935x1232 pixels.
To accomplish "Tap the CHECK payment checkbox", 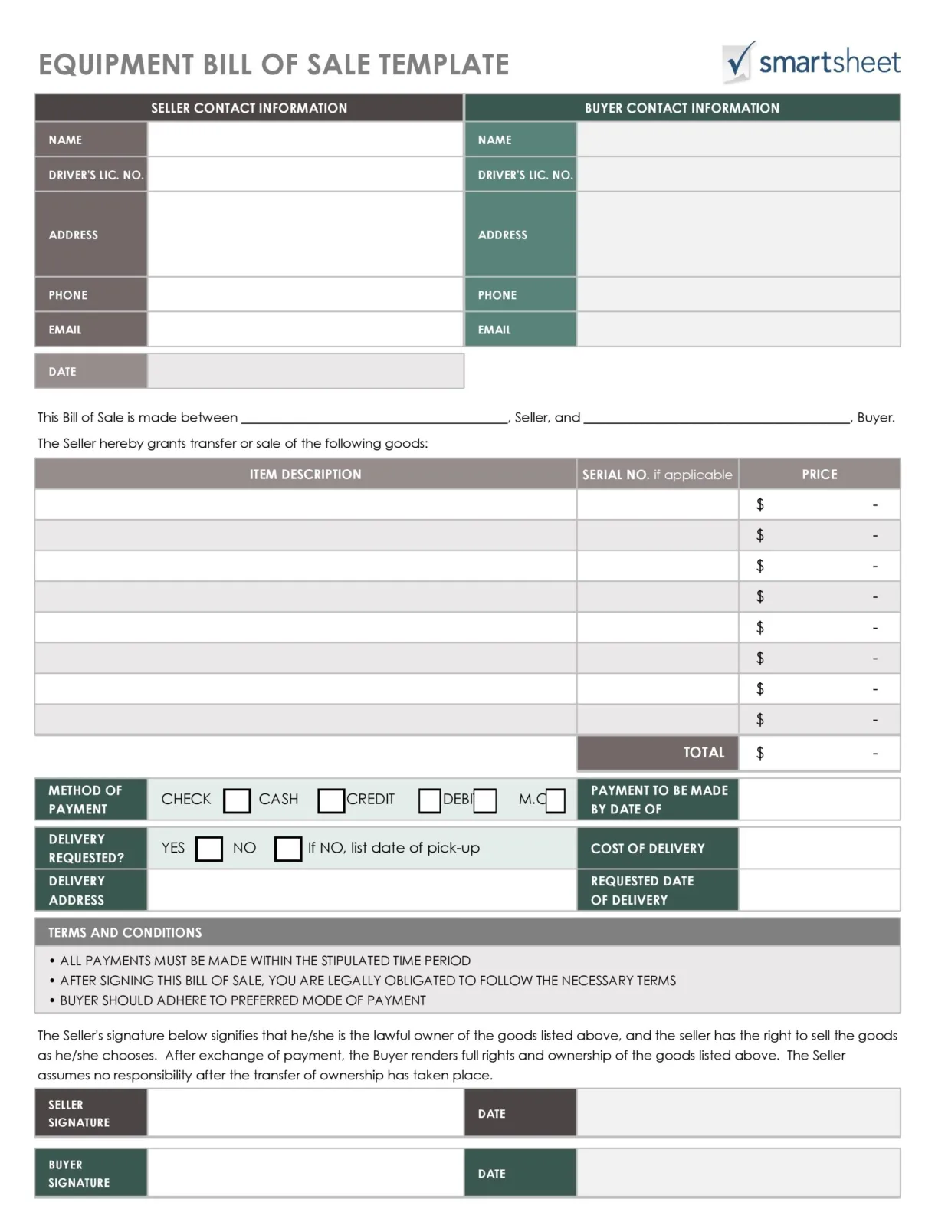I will pos(237,800).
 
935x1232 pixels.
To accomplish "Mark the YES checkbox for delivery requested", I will pos(209,849).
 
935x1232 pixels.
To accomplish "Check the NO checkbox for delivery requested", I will pos(288,849).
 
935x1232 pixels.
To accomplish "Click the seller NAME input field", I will pos(305,140).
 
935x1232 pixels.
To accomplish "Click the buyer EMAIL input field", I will pos(738,330).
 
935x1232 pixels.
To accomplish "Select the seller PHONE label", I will pos(68,295).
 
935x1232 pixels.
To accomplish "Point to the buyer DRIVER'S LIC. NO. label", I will pos(525,175).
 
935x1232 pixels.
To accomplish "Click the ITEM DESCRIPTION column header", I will pos(305,475).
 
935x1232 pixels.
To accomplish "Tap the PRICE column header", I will pos(819,475).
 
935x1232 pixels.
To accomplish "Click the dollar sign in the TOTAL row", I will pos(760,753).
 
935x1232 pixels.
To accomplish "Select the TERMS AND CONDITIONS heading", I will pos(125,932).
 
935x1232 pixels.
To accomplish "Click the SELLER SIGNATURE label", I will pos(79,1113).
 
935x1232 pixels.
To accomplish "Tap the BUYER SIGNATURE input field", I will pos(305,1173).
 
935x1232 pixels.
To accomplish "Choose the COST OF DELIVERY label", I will pos(648,849).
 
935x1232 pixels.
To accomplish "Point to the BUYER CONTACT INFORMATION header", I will pos(682,108).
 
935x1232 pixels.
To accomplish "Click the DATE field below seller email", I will pos(305,371).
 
